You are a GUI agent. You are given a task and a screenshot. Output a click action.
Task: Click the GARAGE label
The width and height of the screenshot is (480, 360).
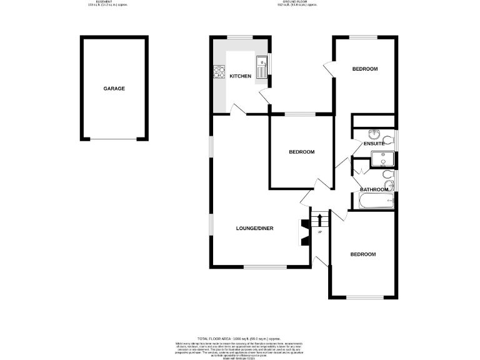(114, 89)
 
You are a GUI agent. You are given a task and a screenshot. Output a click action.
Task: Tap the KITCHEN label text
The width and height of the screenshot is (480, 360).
(240, 76)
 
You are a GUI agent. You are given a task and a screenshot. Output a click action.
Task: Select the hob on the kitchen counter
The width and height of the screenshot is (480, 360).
(219, 73)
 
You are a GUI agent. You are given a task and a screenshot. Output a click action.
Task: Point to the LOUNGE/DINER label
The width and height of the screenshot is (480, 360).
(254, 228)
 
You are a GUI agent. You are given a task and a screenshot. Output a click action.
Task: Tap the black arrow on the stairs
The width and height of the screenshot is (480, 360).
(320, 219)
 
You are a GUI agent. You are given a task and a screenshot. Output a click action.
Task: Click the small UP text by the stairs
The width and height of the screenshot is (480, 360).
(319, 233)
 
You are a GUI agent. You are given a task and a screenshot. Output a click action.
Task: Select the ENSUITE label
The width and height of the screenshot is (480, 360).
(374, 144)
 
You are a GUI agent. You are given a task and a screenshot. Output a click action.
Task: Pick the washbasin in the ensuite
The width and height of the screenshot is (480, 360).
(374, 134)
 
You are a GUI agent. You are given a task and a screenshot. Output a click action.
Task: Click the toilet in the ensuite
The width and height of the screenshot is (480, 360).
(388, 139)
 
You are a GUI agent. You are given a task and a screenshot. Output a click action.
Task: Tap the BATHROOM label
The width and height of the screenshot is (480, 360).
(374, 189)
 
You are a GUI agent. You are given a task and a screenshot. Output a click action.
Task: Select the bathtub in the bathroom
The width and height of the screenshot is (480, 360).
(376, 201)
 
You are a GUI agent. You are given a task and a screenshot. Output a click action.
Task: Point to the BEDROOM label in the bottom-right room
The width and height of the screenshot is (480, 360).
(362, 254)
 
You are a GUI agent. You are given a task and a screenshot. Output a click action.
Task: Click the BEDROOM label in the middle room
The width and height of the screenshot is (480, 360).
(301, 152)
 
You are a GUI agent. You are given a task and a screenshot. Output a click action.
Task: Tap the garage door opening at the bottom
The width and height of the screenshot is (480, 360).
(114, 139)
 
